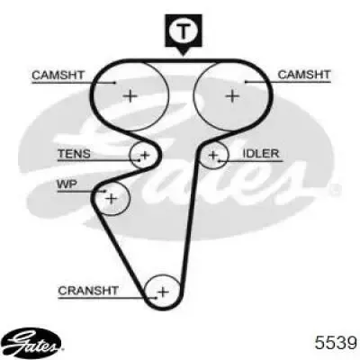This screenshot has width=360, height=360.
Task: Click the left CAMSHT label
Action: (58, 75)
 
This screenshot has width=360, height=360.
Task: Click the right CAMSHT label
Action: (304, 75)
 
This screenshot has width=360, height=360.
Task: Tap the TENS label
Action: (74, 154)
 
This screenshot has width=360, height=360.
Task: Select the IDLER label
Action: (261, 154)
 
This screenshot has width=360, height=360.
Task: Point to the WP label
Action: (67, 184)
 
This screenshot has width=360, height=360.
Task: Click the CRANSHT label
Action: (88, 291)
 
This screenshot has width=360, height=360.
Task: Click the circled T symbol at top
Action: (184, 31)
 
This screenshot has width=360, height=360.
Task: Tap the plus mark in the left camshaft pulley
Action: (130, 96)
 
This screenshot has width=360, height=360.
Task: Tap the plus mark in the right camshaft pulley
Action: (232, 96)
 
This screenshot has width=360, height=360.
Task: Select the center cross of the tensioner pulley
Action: (146, 155)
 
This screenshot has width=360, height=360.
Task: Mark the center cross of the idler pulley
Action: (213, 155)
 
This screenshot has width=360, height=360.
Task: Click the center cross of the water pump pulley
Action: (112, 198)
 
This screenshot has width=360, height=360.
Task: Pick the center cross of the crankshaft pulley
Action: (163, 292)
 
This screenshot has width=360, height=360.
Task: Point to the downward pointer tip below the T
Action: (184, 56)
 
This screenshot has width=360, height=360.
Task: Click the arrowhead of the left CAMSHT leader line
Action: (114, 83)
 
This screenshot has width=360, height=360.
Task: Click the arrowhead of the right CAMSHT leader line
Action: (247, 82)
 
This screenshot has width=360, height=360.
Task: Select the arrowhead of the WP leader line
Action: (104, 191)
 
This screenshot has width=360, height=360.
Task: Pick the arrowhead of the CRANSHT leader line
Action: (156, 298)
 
